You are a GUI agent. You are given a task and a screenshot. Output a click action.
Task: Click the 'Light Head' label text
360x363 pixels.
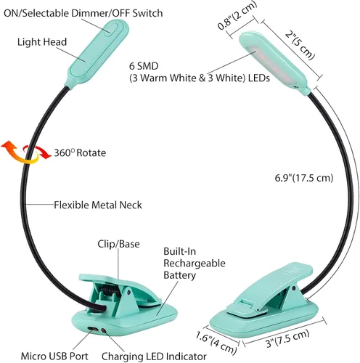pyautogui.click(x=42, y=42)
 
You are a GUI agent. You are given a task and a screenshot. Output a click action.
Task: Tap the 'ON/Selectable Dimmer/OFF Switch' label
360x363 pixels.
pyautogui.click(x=83, y=13)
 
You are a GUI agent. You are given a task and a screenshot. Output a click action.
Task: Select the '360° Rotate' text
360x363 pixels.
pyautogui.click(x=80, y=153)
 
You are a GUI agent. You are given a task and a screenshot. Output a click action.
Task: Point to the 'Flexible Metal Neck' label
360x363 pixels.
pyautogui.click(x=98, y=205)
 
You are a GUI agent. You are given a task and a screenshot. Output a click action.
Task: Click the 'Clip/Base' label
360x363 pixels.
pyautogui.click(x=118, y=244)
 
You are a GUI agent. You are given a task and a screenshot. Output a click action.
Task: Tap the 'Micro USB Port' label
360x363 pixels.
pyautogui.click(x=54, y=356)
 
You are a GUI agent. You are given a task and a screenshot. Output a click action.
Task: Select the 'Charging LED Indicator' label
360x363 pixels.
pyautogui.click(x=154, y=356)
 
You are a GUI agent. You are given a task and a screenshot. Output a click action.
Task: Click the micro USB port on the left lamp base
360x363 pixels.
pyautogui.click(x=93, y=329)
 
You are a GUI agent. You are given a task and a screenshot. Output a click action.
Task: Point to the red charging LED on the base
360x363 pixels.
pyautogui.click(x=104, y=330)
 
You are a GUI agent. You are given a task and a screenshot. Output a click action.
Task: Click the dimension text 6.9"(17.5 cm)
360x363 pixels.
pyautogui.click(x=304, y=178)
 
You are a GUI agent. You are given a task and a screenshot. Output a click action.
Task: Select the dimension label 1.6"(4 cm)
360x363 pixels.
pyautogui.click(x=216, y=343)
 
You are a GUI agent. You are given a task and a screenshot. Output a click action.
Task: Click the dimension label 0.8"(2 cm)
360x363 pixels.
pyautogui.click(x=237, y=16)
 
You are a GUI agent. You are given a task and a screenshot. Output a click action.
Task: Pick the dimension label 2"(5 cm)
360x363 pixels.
pyautogui.click(x=300, y=45)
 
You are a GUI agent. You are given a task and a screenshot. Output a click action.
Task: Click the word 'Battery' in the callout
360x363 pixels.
pyautogui.click(x=179, y=275)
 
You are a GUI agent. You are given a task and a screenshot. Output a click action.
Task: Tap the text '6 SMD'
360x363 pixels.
pyautogui.click(x=144, y=66)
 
